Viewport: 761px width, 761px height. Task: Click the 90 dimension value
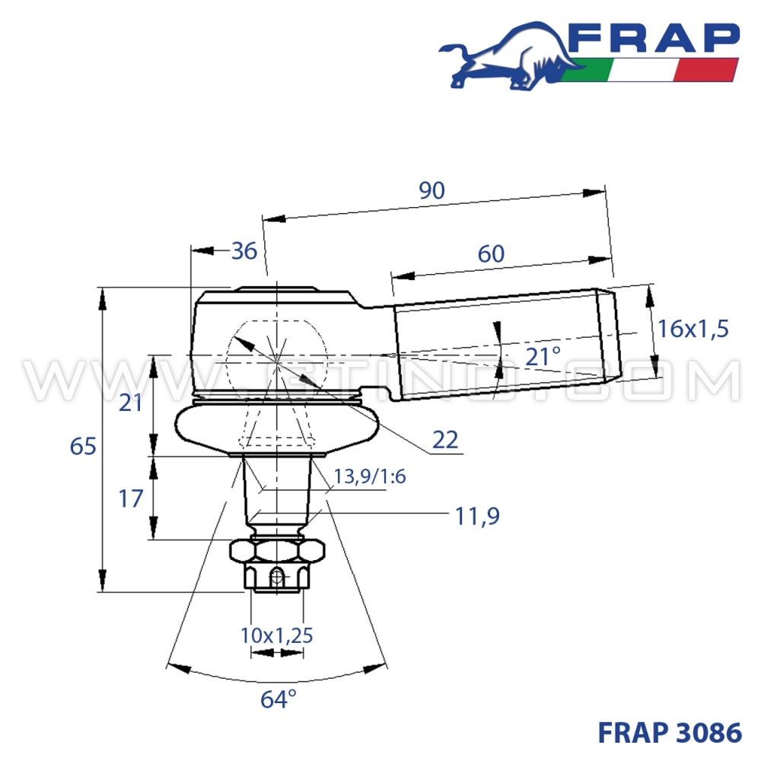tap(432, 191)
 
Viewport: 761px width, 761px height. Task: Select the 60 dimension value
tap(492, 253)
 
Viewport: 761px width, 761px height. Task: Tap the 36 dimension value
tap(244, 250)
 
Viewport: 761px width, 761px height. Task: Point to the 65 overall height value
tap(83, 446)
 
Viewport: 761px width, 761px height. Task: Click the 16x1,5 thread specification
tap(693, 329)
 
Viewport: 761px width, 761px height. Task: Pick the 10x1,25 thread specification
tap(277, 635)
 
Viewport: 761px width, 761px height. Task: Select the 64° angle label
tap(278, 699)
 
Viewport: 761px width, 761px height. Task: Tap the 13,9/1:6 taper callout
tap(370, 476)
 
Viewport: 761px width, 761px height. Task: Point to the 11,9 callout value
tap(477, 517)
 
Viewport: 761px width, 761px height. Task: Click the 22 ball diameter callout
tap(445, 439)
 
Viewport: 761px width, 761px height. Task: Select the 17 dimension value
tap(131, 498)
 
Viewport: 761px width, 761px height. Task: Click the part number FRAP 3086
tap(670, 732)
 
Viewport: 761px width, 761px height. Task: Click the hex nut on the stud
tap(278, 549)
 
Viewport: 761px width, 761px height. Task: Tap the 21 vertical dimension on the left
tap(131, 403)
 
